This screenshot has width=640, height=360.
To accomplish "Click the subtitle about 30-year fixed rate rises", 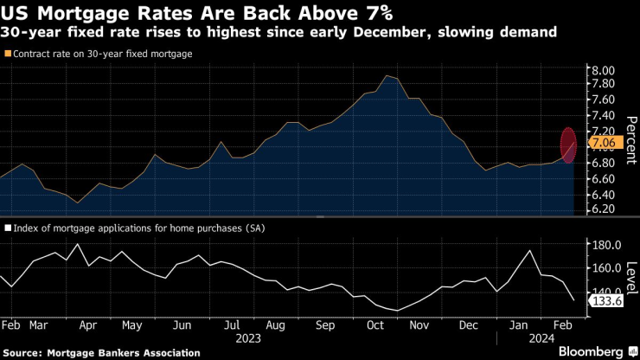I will click(x=278, y=33).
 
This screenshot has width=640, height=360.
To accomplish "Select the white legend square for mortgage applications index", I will click(x=9, y=228).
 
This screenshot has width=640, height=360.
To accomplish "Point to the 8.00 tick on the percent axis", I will click(x=602, y=70).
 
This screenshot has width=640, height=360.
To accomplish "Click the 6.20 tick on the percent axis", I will click(x=602, y=209).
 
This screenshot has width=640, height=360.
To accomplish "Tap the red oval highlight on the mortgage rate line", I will click(x=568, y=145).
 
